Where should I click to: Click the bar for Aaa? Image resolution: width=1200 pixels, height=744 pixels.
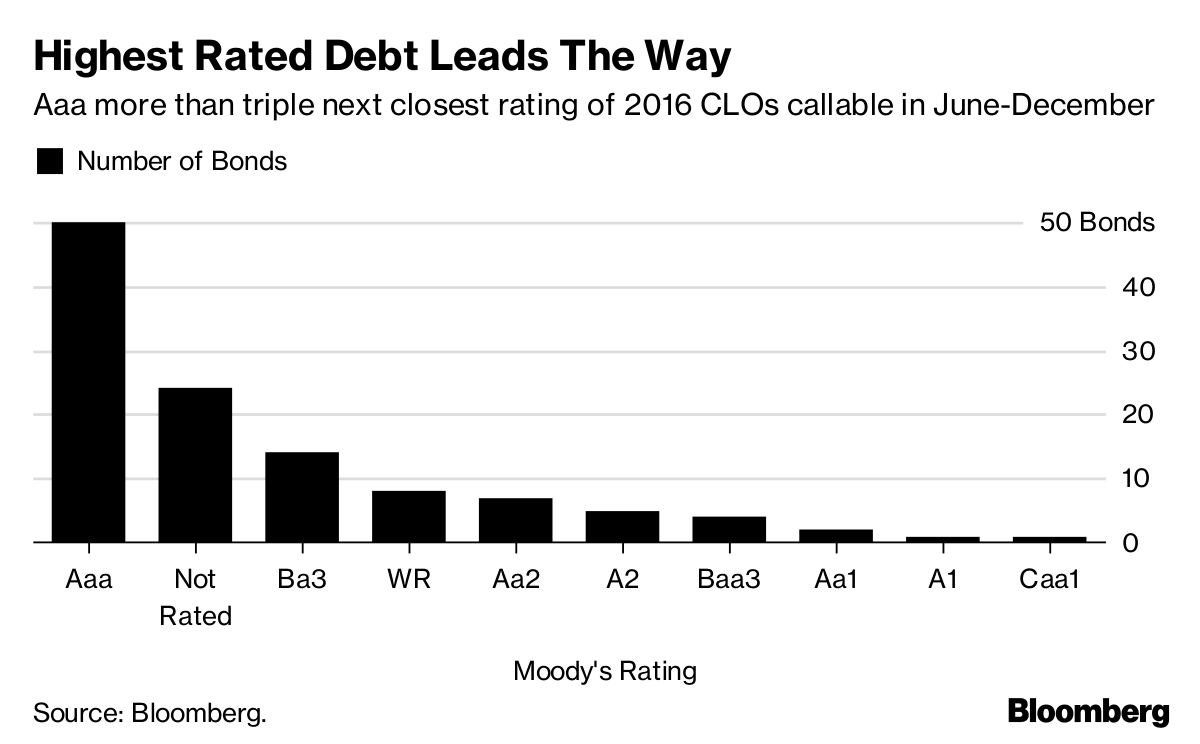88,382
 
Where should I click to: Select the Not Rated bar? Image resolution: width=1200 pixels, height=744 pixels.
195,465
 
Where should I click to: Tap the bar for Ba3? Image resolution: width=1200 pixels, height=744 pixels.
302,497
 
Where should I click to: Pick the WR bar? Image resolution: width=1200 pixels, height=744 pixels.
408,516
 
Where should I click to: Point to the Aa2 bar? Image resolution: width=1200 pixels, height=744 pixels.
515,520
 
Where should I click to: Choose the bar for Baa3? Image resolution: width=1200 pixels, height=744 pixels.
729,529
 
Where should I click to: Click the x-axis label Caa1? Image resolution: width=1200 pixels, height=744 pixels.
1049,580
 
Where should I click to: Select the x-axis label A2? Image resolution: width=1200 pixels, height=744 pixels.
622,580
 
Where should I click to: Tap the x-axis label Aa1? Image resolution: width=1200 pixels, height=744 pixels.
836,580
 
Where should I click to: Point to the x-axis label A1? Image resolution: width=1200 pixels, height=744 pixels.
942,580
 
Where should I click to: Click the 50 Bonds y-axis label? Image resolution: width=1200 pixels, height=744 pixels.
1097,222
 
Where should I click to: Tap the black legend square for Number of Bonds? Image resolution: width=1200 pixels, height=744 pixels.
49,161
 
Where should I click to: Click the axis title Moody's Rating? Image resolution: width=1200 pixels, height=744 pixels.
604,670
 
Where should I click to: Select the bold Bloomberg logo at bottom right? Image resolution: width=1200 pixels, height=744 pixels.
1088,712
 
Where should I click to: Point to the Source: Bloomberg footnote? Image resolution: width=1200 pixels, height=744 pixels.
150,714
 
